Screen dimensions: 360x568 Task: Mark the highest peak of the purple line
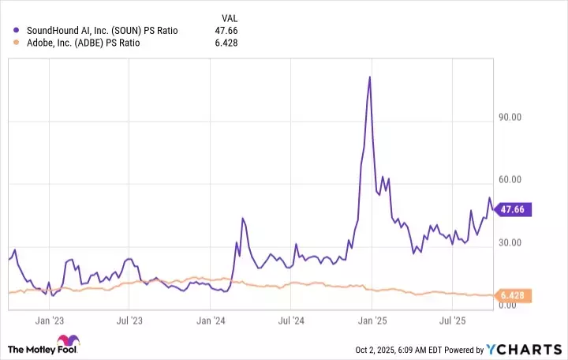[x=369, y=77]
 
